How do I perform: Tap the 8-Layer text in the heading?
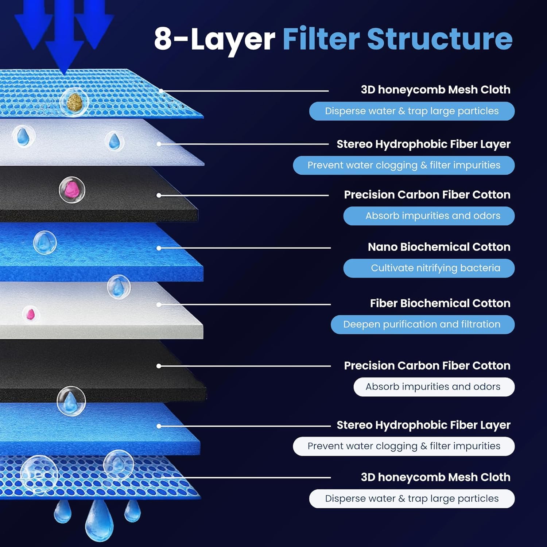214,39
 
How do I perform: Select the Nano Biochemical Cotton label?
439,247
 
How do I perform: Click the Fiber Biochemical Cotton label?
440,303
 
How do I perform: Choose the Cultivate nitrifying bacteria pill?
429,268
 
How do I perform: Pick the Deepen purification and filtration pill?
422,324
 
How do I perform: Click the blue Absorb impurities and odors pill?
429,216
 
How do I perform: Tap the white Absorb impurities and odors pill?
434,387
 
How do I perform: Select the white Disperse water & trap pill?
412,498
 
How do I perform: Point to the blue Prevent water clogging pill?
404,165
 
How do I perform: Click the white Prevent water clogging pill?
404,446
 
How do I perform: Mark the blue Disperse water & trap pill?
412,111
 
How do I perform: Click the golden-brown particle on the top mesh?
74,101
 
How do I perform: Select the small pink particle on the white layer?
31,314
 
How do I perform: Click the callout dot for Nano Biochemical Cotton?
159,248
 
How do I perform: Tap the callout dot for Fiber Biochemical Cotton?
159,304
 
